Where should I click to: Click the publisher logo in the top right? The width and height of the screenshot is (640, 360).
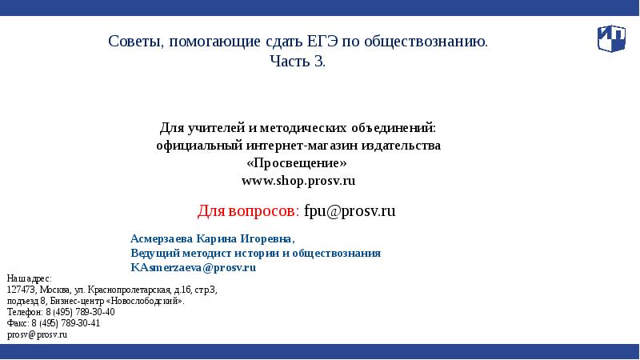(x=611, y=38)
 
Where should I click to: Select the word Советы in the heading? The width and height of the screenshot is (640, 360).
(x=134, y=42)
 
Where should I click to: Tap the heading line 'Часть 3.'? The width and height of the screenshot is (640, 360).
(x=298, y=62)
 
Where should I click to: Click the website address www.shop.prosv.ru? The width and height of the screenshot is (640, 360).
(x=298, y=181)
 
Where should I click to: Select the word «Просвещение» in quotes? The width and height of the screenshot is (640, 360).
(x=298, y=163)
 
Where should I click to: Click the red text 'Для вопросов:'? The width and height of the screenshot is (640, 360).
(x=248, y=211)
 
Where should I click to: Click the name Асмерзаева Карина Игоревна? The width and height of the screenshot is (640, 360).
(x=212, y=238)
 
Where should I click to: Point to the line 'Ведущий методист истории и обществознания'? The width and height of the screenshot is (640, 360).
(x=255, y=253)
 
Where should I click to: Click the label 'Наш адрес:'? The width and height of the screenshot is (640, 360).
(x=29, y=278)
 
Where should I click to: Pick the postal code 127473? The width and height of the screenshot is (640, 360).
(x=20, y=289)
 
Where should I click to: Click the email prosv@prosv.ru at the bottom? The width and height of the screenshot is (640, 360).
(x=37, y=335)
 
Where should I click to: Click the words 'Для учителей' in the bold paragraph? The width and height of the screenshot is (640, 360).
(x=193, y=128)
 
